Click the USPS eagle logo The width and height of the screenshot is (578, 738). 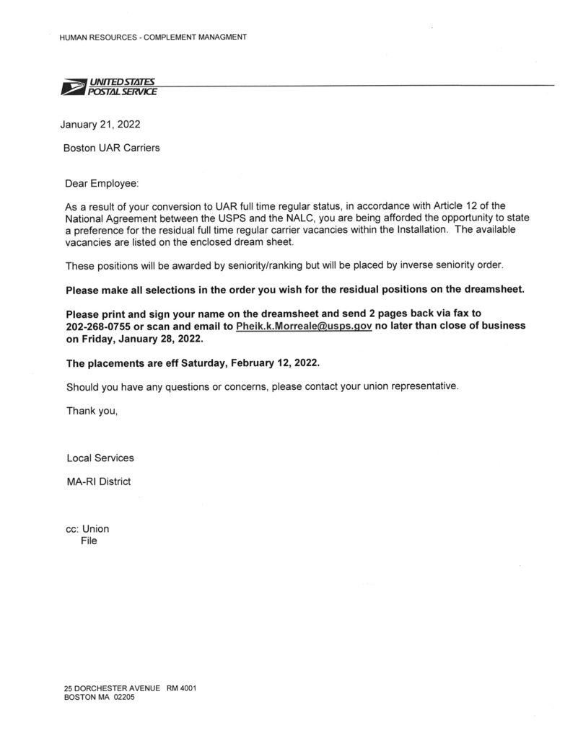72,89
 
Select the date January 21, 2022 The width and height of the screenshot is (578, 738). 100,124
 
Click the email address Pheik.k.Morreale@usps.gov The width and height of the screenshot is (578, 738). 304,326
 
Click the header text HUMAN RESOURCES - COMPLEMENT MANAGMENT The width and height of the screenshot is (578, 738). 153,37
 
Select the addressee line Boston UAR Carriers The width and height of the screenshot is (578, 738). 112,148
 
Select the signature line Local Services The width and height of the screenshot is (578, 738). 100,458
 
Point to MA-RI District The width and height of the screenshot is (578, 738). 98,481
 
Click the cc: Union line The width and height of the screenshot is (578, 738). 87,529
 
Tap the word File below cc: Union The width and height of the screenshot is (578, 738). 89,541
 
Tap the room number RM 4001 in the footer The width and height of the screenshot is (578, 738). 182,688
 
